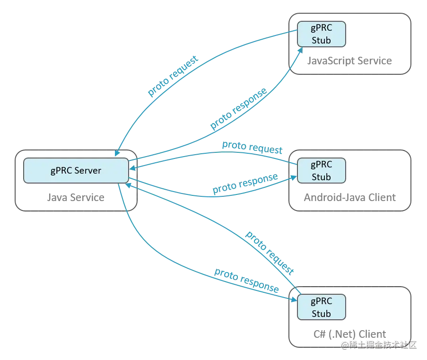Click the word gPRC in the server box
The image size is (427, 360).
click(61, 170)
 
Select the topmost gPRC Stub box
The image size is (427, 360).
click(321, 34)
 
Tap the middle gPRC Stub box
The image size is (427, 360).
click(321, 171)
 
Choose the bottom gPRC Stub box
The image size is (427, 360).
click(321, 307)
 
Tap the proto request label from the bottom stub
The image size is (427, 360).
click(270, 252)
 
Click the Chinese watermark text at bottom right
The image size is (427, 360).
click(378, 344)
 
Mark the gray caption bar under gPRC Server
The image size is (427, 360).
click(76, 200)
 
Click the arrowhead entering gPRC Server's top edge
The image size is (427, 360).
click(117, 153)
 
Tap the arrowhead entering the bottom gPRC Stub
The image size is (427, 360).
click(293, 298)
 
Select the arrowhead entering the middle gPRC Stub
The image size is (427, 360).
click(294, 177)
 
